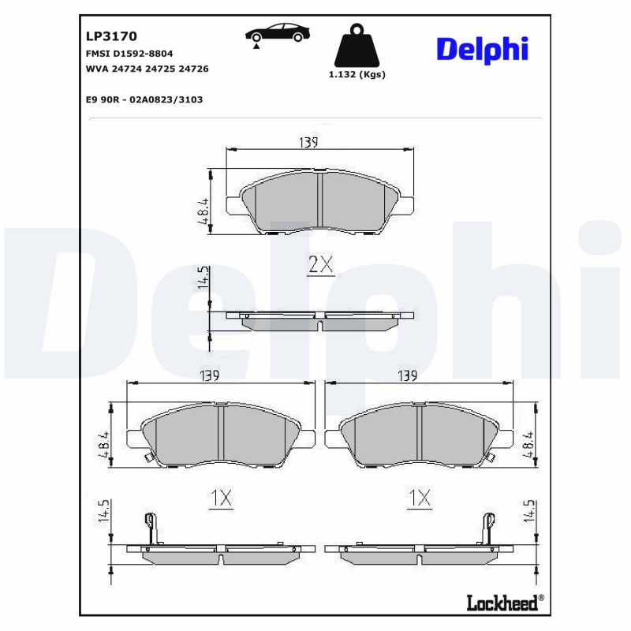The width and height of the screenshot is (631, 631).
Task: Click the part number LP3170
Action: [x=111, y=36]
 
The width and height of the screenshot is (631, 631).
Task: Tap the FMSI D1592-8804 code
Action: [x=129, y=53]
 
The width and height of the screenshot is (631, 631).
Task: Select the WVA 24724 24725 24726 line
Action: [x=147, y=69]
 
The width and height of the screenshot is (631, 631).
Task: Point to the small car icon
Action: [x=277, y=33]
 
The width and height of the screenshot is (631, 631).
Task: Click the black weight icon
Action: [x=357, y=47]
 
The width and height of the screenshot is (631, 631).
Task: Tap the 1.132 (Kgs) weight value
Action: [x=357, y=75]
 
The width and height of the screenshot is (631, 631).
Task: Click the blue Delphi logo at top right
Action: [x=482, y=50]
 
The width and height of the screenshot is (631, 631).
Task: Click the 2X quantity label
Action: [x=320, y=266]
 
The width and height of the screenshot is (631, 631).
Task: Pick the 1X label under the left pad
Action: [x=221, y=498]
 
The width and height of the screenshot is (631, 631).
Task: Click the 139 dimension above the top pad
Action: [x=308, y=142]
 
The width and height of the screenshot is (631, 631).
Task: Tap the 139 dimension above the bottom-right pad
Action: [x=408, y=376]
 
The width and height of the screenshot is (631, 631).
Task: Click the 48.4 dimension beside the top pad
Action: [x=203, y=211]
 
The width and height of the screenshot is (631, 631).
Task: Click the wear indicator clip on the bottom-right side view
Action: [x=489, y=528]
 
